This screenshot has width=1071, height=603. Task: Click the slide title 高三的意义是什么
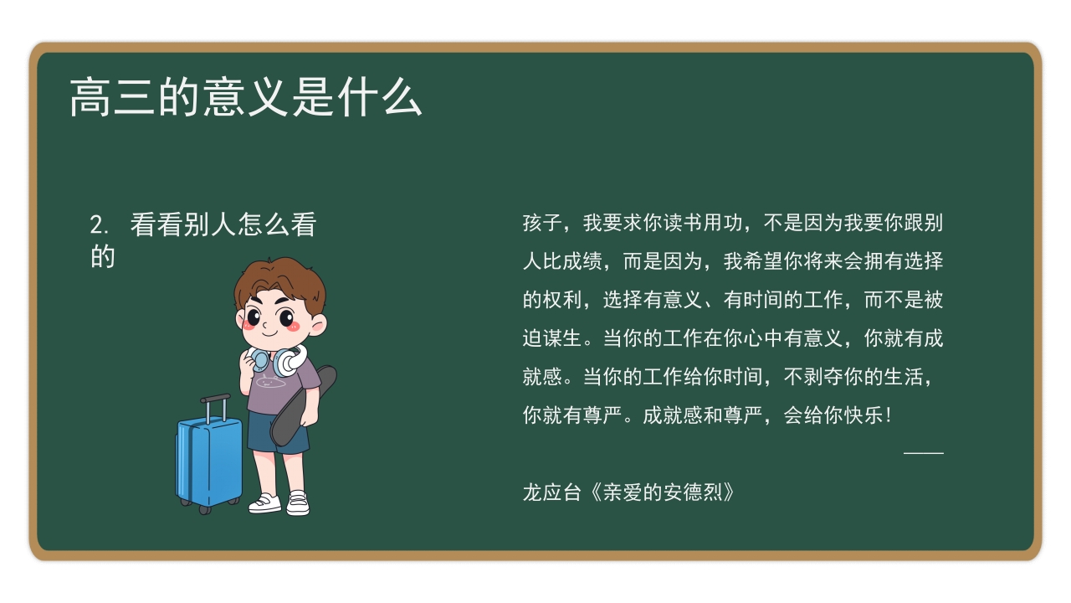click(x=245, y=98)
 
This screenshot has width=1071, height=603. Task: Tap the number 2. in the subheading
click(x=100, y=225)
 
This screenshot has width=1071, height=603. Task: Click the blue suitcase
click(x=208, y=460)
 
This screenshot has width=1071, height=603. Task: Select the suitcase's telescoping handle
click(x=215, y=407)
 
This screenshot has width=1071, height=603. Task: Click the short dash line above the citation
click(x=923, y=453)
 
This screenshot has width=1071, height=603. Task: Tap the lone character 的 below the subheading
click(x=102, y=258)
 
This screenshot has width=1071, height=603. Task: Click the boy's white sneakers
click(x=279, y=502)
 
